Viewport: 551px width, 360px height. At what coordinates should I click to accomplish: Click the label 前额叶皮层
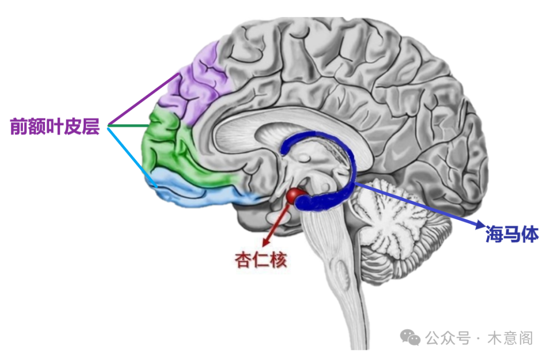[x=55, y=127]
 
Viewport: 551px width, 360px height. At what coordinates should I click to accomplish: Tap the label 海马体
[x=512, y=234]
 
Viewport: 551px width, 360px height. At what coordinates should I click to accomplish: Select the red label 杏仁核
[x=261, y=260]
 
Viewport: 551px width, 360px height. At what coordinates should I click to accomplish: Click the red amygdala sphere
[x=295, y=197]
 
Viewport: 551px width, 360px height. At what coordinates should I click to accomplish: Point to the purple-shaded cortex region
[x=197, y=84]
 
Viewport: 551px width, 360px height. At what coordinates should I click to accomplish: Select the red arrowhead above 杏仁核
[x=267, y=242]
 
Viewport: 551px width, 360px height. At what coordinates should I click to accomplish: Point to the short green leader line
[x=129, y=126]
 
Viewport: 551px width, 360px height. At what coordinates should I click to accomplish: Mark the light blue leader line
[x=132, y=157]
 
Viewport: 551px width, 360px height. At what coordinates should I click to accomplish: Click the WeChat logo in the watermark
[x=410, y=338]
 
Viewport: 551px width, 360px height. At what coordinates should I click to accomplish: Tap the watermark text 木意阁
[x=510, y=338]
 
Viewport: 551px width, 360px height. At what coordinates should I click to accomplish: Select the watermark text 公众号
[x=448, y=338]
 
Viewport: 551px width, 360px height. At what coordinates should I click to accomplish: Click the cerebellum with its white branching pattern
[x=397, y=225]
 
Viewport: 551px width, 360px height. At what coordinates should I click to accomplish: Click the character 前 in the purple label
[x=18, y=127]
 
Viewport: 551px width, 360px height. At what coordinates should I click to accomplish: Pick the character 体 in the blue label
[x=530, y=234]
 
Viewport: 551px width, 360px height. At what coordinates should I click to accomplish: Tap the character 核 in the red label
[x=279, y=260]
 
